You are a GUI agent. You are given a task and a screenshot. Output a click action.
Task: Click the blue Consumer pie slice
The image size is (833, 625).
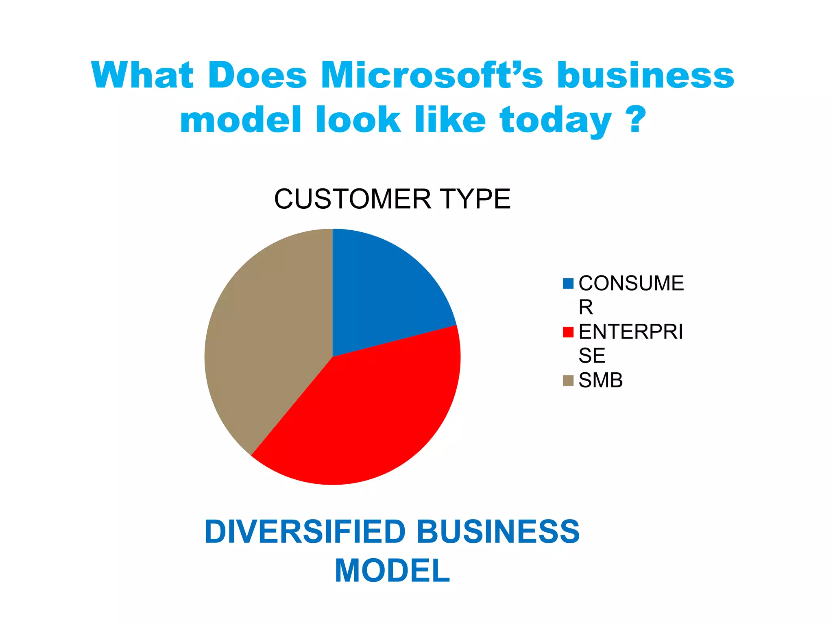tap(382, 293)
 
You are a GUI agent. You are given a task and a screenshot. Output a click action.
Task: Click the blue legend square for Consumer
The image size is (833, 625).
tap(568, 284)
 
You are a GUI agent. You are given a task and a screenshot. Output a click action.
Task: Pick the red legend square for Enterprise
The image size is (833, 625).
tap(568, 332)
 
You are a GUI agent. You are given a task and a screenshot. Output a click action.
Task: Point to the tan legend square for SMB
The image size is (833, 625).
tap(568, 380)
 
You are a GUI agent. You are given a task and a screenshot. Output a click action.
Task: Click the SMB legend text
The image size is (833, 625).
tap(600, 380)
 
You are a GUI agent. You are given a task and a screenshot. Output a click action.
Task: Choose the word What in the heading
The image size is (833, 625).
tap(142, 75)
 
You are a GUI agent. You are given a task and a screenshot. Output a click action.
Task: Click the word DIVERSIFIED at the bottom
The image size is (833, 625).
tap(305, 532)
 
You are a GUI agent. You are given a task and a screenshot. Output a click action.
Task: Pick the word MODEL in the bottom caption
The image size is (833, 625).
tap(392, 571)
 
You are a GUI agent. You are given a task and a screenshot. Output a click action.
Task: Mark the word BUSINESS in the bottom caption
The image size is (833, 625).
tap(498, 532)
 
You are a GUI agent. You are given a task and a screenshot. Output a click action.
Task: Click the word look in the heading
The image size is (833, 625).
tap(358, 120)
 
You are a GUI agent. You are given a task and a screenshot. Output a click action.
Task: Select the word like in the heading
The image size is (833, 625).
tap(450, 120)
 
